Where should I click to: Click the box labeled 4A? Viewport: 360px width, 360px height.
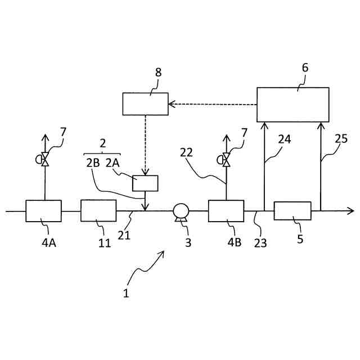43,211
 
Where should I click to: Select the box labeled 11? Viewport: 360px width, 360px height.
98,211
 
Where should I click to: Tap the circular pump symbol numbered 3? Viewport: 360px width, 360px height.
181,211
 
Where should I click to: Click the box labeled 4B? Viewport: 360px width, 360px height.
226,211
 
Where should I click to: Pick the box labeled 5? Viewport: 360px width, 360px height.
292,211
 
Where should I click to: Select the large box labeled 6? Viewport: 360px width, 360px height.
292,105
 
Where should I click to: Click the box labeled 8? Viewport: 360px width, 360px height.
145,103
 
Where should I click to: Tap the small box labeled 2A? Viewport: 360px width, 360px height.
145,183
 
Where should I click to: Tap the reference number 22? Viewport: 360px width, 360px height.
187,152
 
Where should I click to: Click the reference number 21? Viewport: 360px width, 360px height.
124,235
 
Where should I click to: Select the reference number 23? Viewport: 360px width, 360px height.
260,243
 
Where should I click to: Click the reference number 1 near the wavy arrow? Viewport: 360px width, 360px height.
126,293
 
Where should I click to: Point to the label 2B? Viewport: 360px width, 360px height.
93,163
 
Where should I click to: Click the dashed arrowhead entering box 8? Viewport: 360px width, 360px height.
172,104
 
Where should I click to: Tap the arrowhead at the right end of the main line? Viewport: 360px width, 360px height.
351,211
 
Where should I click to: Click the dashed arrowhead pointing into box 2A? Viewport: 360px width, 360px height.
145,173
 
